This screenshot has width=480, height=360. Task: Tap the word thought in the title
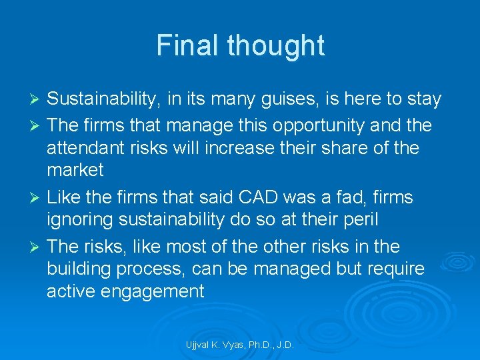click(x=275, y=45)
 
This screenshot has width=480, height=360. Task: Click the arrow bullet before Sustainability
click(x=37, y=100)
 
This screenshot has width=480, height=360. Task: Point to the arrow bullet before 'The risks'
click(x=37, y=247)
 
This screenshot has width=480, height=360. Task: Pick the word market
click(x=75, y=171)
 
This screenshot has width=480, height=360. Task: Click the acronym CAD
click(x=257, y=197)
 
